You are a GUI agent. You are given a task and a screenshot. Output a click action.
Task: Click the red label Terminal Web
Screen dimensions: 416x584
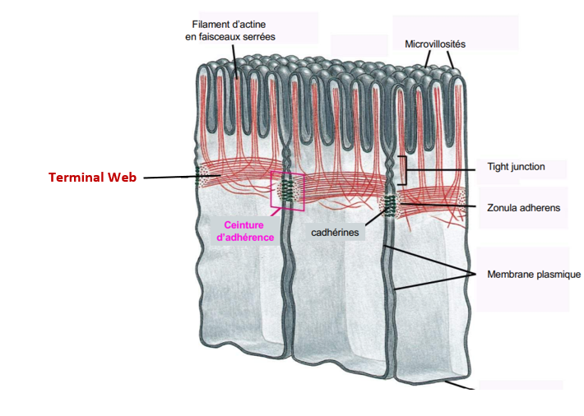click(x=92, y=177)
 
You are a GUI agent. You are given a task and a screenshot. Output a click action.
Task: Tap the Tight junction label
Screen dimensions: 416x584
click(x=515, y=167)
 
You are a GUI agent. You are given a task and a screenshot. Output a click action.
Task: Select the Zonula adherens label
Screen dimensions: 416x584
click(x=523, y=208)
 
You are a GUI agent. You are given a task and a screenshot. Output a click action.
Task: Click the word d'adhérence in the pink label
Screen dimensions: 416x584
click(x=244, y=238)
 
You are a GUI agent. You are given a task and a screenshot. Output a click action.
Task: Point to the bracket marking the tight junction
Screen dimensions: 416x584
click(x=403, y=170)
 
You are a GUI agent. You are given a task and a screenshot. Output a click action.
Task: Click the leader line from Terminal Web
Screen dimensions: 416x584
click(x=169, y=177)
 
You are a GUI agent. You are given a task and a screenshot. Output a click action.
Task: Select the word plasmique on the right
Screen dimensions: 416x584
click(x=559, y=275)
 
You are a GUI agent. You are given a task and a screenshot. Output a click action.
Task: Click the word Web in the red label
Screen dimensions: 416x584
click(x=122, y=177)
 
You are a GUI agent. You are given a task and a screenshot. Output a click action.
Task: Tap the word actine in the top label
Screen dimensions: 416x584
click(x=251, y=24)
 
